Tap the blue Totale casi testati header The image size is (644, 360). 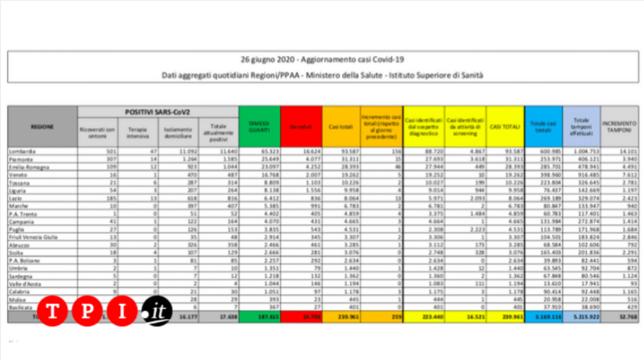tap(543, 127)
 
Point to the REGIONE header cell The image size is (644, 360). tap(42, 127)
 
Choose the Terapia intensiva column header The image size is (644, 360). tap(138, 133)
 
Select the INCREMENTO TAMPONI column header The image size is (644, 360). tap(618, 127)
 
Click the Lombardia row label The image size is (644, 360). tap(22, 152)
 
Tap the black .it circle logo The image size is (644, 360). tap(157, 311)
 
